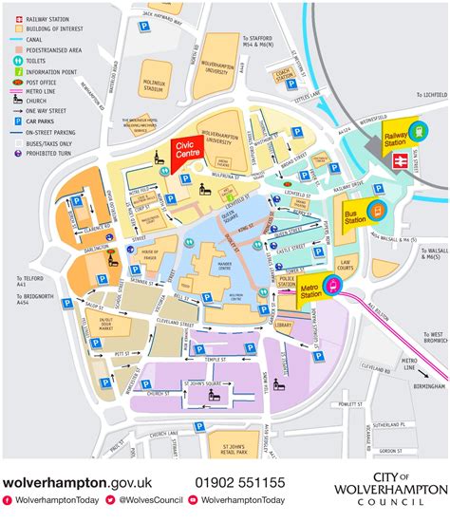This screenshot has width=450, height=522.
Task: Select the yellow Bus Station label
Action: pos(355,220)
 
